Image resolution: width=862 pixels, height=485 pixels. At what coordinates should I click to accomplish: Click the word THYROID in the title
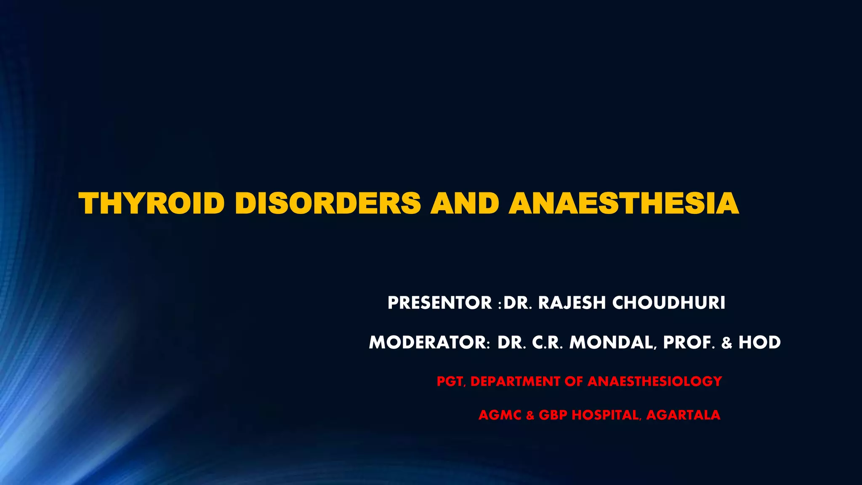[152, 203]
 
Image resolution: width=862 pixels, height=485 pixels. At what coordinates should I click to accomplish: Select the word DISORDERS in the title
[327, 203]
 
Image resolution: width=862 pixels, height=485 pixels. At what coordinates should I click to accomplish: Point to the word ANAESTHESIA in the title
[623, 203]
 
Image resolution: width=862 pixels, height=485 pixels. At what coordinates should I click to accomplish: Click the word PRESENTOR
[439, 303]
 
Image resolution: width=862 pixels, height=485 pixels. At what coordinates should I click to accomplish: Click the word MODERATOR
[428, 343]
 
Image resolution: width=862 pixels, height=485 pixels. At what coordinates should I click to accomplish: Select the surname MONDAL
[612, 343]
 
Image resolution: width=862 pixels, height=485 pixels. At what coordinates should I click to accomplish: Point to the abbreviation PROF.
[689, 343]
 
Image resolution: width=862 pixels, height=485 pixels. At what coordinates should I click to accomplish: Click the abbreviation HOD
[759, 343]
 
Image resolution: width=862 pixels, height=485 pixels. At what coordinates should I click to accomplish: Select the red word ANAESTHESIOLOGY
[654, 381]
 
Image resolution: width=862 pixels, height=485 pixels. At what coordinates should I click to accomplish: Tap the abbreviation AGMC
[500, 415]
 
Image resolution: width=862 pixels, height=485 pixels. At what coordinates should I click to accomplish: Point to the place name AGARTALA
[683, 415]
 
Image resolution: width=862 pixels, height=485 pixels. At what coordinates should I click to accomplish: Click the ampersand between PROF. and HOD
[726, 343]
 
